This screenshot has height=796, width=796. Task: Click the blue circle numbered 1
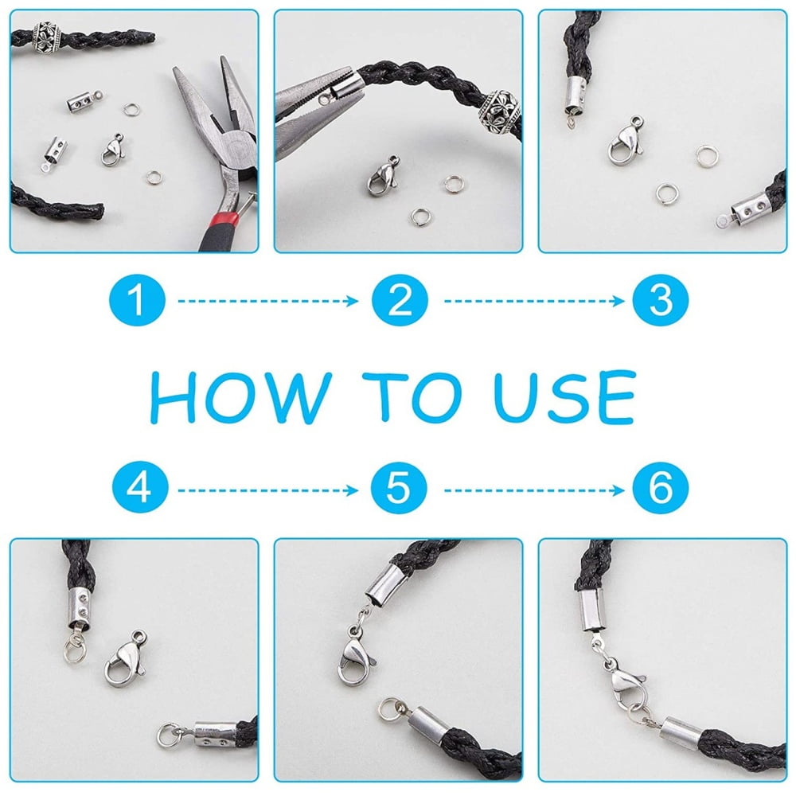click(x=137, y=300)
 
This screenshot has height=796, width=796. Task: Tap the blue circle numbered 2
click(x=400, y=300)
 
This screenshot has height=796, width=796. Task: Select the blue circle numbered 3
click(x=661, y=300)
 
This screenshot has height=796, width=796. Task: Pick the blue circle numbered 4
click(x=140, y=488)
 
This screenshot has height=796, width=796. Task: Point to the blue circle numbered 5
click(x=399, y=488)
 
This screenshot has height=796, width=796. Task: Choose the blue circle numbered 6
click(x=661, y=488)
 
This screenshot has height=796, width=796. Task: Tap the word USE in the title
click(x=564, y=396)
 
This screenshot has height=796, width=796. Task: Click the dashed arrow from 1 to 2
click(x=268, y=301)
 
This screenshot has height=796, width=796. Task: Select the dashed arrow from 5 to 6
click(x=534, y=490)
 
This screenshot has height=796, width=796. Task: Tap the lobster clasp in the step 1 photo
click(x=113, y=150)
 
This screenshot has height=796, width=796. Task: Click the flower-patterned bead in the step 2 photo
click(x=498, y=111)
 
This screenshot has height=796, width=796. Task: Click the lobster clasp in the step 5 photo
click(x=355, y=656)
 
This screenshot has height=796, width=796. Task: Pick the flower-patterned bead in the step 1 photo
click(x=47, y=37)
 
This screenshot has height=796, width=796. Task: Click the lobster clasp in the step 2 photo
click(x=384, y=176)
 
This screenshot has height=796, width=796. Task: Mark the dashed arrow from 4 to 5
click(x=268, y=490)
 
